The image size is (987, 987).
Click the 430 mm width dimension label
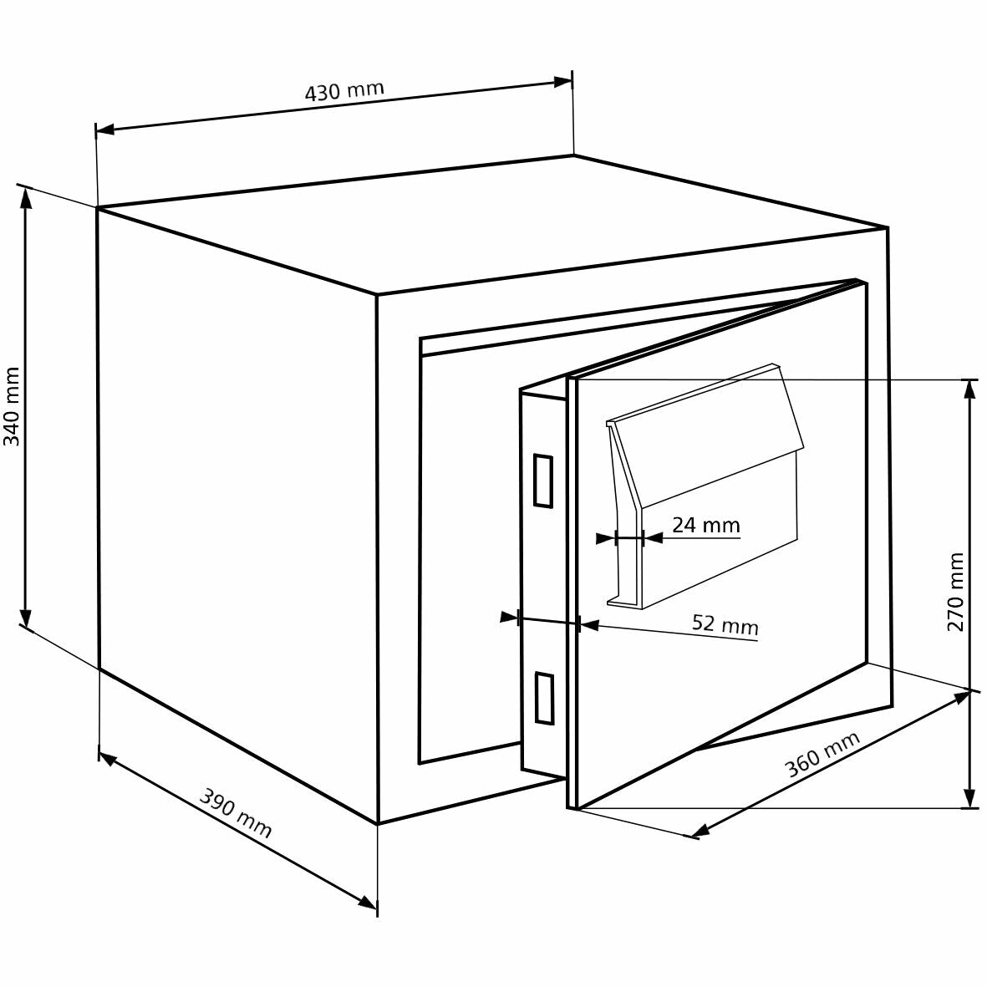tap(343, 90)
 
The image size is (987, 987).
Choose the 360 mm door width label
tap(823, 754)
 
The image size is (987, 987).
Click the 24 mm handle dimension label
tap(706, 525)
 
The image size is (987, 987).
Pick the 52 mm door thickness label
tap(725, 624)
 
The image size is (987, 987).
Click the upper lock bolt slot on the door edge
tap(542, 481)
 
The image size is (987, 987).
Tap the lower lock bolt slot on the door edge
tap(543, 697)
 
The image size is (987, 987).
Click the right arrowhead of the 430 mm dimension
tap(565, 81)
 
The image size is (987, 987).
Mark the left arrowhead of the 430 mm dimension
tap(104, 130)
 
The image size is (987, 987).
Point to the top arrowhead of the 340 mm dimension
tap(26, 196)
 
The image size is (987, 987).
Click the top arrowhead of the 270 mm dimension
tap(969, 388)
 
